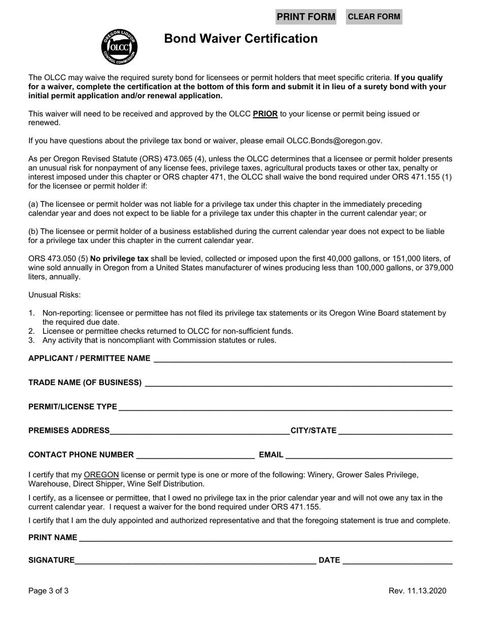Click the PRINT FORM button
306,17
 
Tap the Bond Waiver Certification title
241,39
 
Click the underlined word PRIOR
265,114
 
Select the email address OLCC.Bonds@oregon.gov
334,141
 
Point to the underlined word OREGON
101,475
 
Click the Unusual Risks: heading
54,295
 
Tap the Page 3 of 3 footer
49,591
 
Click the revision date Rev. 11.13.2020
418,591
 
